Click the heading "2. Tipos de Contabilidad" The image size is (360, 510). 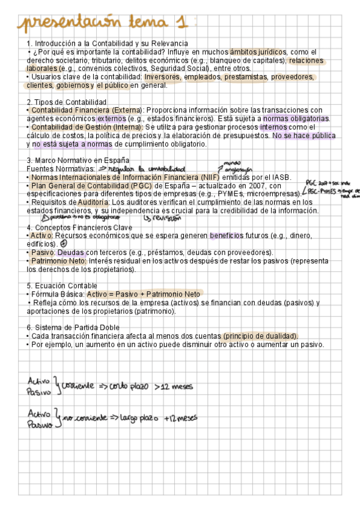pos(67,102)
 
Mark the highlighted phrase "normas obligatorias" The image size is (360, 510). pos(296,119)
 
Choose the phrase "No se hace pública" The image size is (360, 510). pos(304,136)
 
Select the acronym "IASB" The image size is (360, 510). pos(279,177)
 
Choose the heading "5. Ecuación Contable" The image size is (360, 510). pos(63,285)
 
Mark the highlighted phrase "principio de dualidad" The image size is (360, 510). pos(260,336)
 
